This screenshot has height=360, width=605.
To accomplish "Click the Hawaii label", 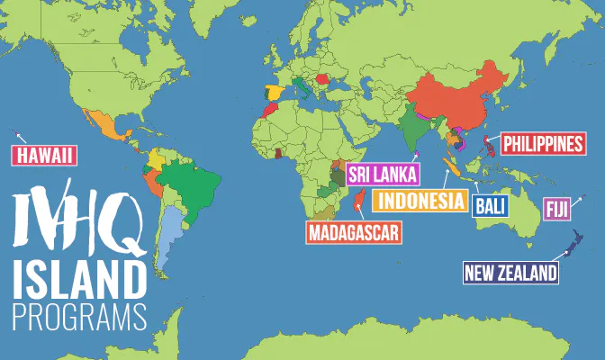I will point(42,156).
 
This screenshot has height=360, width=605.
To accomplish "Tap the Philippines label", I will point(543,143).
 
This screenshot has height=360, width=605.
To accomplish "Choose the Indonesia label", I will point(420,200).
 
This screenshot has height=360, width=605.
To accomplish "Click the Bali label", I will point(490,206).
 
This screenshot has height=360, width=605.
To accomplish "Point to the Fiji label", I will point(555,210).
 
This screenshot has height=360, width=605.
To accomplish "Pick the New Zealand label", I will point(510,272).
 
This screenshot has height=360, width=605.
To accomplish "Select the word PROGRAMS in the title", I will point(78,316).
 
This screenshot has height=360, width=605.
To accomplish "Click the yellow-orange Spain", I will point(274,94).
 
